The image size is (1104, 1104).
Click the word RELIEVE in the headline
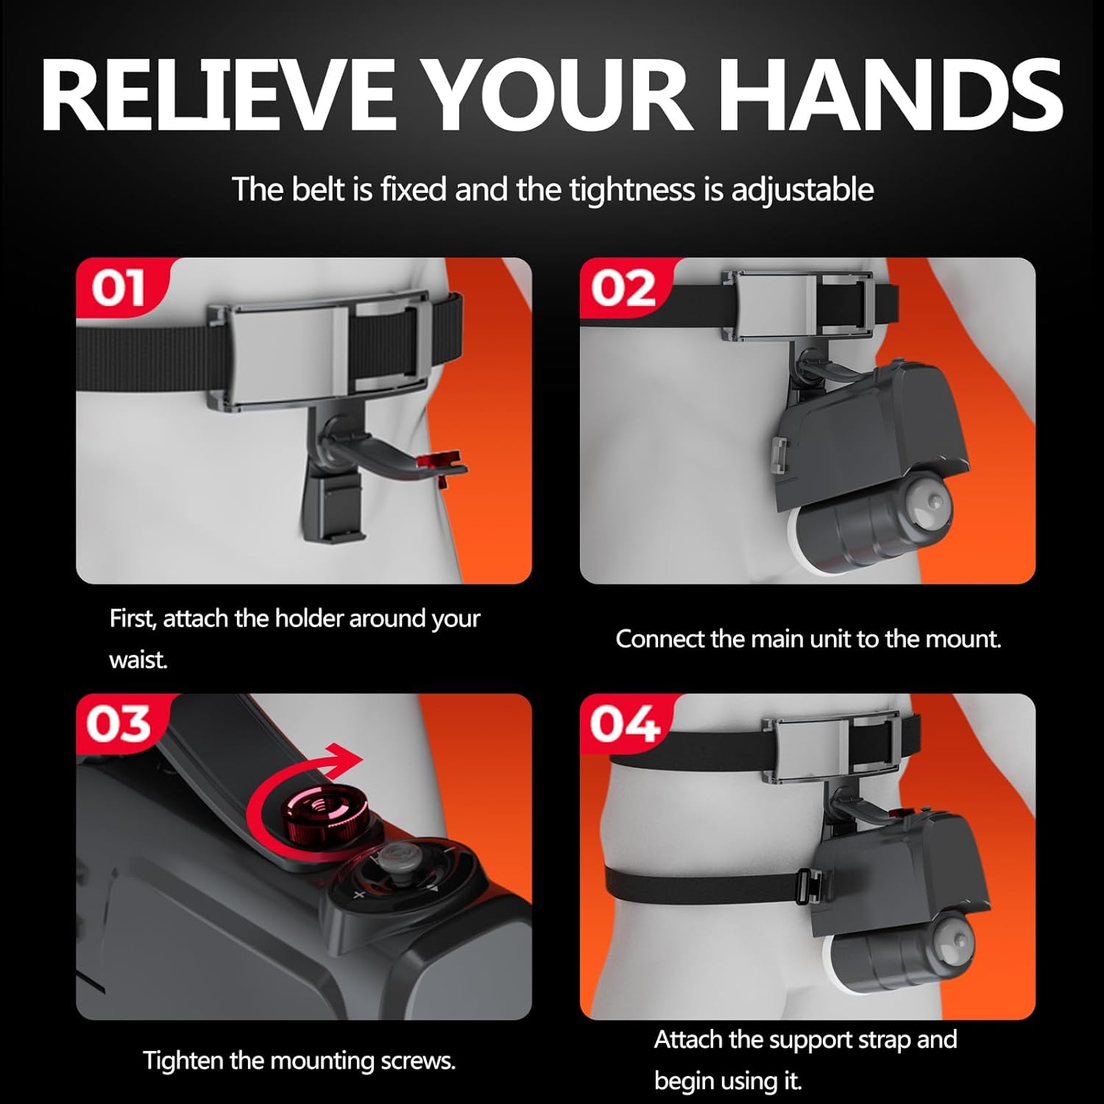(219, 96)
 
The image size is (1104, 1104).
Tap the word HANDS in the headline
(891, 96)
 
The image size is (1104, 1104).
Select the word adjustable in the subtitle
(802, 191)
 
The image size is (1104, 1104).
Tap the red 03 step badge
(118, 724)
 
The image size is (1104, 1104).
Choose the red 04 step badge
(623, 724)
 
